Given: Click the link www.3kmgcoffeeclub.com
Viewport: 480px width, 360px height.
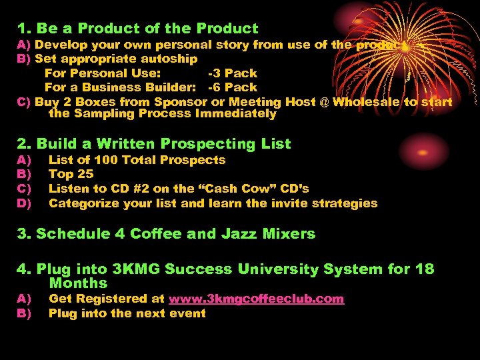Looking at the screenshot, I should coord(256,299).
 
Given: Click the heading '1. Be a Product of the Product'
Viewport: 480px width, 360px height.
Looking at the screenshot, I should coord(138,29).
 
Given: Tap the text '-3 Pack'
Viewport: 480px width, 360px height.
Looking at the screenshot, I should coord(233,73).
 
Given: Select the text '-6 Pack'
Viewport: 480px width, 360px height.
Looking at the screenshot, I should coord(233,87).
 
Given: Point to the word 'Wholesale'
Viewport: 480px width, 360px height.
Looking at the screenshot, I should coord(366,102).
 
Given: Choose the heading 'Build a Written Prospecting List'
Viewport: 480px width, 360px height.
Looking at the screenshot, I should coord(164,144).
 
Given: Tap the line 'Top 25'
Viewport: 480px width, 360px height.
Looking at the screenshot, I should coord(71,175).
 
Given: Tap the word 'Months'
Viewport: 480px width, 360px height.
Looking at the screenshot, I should coord(78,283).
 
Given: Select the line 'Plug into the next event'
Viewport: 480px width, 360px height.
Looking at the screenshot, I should coord(127,313).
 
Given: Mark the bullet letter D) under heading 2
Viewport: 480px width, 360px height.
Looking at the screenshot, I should coord(25,203).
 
